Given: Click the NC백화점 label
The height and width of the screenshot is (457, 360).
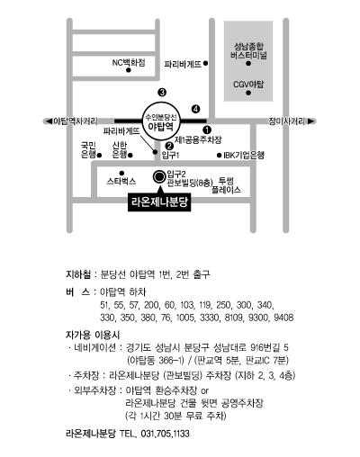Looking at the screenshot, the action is point(129,62).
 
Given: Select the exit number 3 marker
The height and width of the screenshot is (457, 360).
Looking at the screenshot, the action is point(162,93).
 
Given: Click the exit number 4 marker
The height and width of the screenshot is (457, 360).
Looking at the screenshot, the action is point(195,109).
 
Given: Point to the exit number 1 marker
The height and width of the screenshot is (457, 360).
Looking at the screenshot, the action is point(207,130).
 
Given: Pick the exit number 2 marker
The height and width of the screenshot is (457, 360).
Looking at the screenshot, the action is point(169,146).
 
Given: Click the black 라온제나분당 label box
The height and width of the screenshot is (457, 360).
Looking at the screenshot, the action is point(159,202).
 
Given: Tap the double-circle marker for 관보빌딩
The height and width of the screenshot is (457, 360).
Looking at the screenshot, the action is point(158,177).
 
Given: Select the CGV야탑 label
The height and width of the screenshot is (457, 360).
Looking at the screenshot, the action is point(248,85).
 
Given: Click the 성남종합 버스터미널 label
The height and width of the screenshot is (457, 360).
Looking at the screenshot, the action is point(248,51).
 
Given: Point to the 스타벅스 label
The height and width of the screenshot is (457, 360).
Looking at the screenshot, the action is point(121,182).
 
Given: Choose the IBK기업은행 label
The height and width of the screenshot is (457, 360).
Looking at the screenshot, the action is point(244,155).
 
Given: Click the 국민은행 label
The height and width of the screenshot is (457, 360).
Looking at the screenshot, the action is point(88,150).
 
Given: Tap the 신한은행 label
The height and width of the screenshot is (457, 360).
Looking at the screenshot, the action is point(120,150).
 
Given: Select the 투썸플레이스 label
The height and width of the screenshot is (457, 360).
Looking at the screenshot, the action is point(226,185).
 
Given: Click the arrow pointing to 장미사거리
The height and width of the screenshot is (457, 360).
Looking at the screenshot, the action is point(312,121).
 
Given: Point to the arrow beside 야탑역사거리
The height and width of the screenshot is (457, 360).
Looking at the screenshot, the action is point(48,121).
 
